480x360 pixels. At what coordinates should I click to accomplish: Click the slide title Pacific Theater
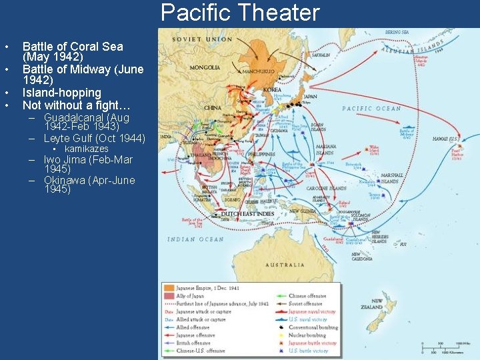pos(240,13)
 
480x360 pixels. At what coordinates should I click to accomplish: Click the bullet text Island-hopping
pos(61,93)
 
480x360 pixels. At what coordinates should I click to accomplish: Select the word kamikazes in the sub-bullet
pos(86,149)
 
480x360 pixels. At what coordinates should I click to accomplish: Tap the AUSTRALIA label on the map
pos(285,265)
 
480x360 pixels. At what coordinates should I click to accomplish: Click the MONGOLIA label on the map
pos(204,67)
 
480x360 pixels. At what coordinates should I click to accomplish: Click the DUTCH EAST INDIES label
pos(247,214)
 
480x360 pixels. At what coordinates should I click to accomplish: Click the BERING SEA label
pos(397,32)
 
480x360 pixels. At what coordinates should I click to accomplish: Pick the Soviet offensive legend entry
pos(306,303)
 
